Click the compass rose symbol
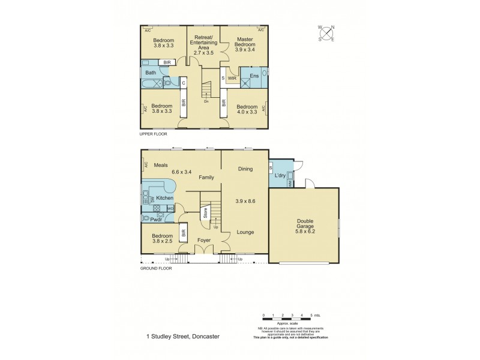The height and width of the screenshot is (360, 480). (x=326, y=33)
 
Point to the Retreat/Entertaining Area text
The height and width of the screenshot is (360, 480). (x=203, y=44)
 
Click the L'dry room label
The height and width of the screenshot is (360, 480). (x=280, y=175)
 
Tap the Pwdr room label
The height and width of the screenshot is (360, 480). (x=157, y=220)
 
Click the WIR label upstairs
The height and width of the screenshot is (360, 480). (x=232, y=78)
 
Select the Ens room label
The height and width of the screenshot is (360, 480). (x=254, y=76)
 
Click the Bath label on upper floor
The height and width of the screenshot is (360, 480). (x=150, y=73)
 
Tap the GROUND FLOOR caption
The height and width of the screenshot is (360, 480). (x=156, y=268)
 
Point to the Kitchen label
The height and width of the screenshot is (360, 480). (x=165, y=198)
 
